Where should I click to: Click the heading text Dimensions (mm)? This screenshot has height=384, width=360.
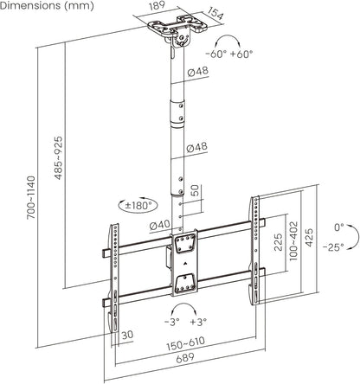47,6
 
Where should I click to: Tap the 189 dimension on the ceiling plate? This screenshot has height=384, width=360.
157,6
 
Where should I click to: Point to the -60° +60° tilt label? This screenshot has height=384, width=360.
229,54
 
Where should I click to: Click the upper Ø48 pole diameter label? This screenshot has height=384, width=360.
197,71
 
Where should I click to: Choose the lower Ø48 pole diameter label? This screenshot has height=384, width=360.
197,147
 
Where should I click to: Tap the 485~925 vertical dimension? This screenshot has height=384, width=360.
58,158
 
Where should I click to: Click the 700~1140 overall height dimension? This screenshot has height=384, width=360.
31,197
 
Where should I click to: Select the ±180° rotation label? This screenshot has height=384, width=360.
138,206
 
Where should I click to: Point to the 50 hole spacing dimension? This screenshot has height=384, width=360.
195,190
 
